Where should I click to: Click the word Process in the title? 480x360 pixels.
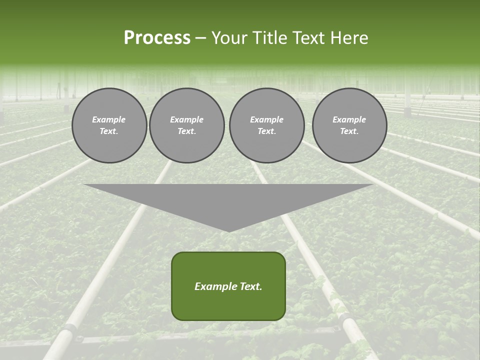pos(157,38)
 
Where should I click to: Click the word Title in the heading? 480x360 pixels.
pos(269,38)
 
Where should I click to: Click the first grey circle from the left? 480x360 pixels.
pos(109,125)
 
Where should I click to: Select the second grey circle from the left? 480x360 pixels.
pos(187,125)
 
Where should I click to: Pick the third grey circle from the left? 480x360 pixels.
pos(266,125)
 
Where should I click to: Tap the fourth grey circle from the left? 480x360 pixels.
pos(349,125)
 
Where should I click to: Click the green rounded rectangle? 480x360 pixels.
pos(228,286)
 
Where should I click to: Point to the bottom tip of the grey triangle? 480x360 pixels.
pos(229,231)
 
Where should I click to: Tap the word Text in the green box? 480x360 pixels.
pos(250,286)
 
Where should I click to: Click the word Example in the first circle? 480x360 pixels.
pos(109,119)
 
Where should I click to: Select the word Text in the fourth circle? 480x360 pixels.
pos(349,131)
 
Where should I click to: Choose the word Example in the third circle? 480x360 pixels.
pos(266,119)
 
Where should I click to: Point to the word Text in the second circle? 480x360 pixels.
pos(186,131)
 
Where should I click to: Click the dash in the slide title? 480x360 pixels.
pos(200,38)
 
